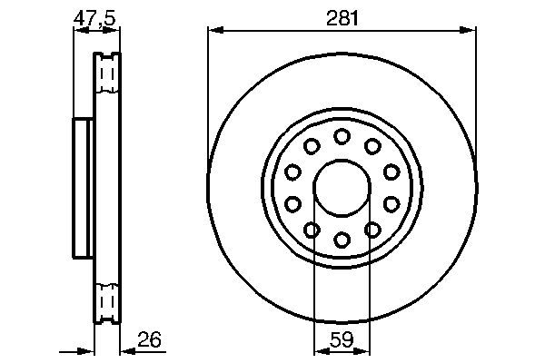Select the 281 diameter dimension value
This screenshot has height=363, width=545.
point(342,15)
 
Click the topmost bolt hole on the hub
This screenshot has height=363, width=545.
point(342,136)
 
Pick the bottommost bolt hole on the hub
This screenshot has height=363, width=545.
point(342,240)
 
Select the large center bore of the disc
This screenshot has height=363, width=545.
point(342,188)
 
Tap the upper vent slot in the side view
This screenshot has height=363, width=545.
point(108,74)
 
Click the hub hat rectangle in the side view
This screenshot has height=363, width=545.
point(83,189)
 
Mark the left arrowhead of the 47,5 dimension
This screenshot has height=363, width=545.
point(77,29)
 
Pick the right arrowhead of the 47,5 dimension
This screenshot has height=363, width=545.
point(114,29)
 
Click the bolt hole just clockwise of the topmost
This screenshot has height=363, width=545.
point(372,146)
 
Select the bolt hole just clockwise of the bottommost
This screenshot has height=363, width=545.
point(312,230)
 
